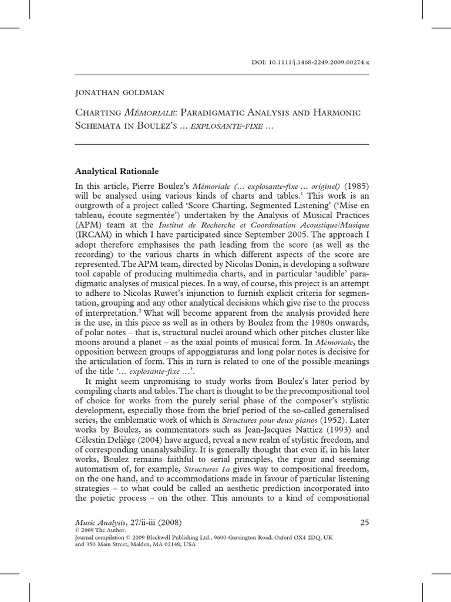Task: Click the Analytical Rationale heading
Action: point(117,172)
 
